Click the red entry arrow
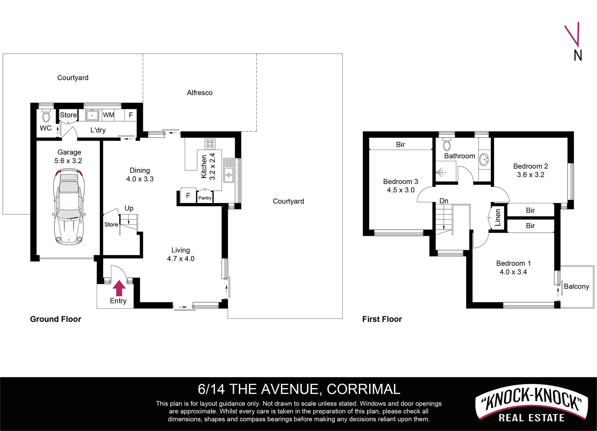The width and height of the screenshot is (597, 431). [119, 288]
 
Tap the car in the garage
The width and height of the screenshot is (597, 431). [69, 207]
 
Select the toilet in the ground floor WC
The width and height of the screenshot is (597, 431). [46, 116]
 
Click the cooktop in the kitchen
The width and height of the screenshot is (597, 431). [210, 144]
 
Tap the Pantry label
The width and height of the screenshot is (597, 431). [205, 198]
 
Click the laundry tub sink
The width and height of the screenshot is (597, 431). [92, 115]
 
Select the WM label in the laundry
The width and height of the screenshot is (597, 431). [109, 115]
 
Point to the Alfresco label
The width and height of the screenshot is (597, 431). [200, 93]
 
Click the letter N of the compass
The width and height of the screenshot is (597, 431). [578, 56]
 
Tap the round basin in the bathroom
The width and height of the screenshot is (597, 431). [484, 160]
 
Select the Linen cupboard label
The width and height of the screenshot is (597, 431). [497, 217]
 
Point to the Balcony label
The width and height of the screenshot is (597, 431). [576, 287]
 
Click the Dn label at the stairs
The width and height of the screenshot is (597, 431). [444, 201]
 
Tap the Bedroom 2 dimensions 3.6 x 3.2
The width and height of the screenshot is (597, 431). [530, 175]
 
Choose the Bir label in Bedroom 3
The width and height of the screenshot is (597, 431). [400, 144]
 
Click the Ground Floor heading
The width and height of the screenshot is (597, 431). [55, 319]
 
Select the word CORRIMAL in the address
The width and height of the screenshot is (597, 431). [363, 389]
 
